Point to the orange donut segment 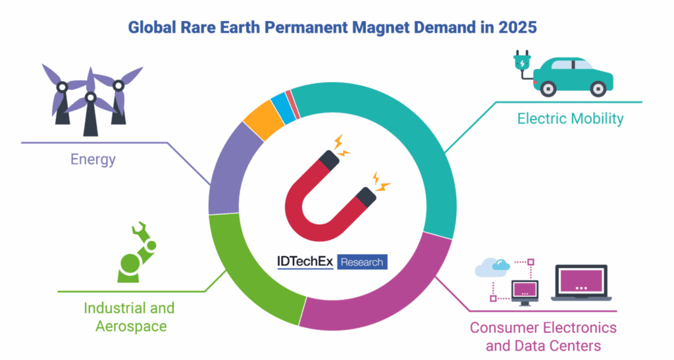coord(262,120)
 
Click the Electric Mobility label coord(570,119)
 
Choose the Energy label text coord(93,159)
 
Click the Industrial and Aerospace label coord(129,317)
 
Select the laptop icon coord(581,284)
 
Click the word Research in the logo coord(363,262)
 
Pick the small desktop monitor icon coord(525,290)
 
